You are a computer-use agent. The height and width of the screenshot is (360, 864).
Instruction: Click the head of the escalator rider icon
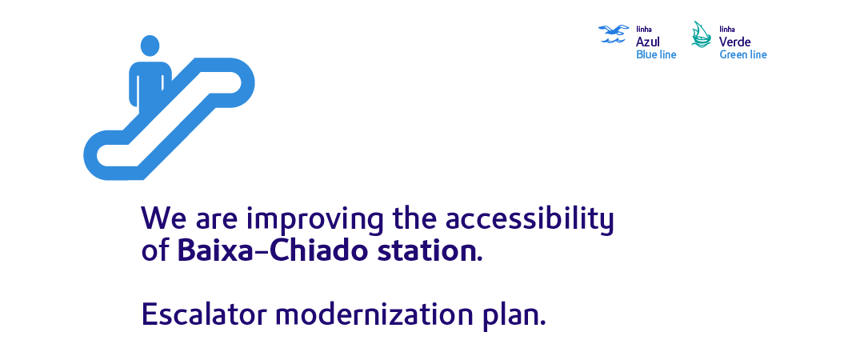point(150,46)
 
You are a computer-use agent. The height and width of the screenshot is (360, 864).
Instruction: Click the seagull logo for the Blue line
point(614,34)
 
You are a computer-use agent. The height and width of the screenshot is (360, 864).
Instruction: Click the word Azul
point(647,42)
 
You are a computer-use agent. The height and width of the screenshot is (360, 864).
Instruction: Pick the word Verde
point(734,42)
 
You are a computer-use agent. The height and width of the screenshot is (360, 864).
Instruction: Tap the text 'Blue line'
point(656,54)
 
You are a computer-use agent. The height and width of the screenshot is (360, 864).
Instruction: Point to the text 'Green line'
point(742,54)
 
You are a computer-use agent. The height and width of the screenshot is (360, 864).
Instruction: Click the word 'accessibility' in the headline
point(529,219)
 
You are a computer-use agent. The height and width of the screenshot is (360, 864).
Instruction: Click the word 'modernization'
point(374,314)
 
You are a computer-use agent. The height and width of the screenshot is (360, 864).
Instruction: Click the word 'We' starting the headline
point(164,219)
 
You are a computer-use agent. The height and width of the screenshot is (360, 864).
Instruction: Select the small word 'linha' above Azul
point(643,30)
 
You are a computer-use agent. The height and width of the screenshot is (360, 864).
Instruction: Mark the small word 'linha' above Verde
point(726,30)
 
